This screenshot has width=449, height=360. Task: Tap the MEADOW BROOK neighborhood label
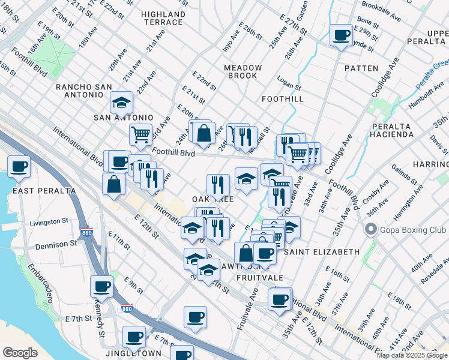(x=243, y=71)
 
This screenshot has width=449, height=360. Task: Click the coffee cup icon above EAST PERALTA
(x=18, y=166)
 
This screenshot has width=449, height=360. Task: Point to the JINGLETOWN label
(x=133, y=353)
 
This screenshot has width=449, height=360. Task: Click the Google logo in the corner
(x=20, y=352)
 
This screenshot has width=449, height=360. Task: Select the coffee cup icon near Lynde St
(x=341, y=35)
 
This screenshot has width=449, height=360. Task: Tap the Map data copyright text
(x=412, y=355)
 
